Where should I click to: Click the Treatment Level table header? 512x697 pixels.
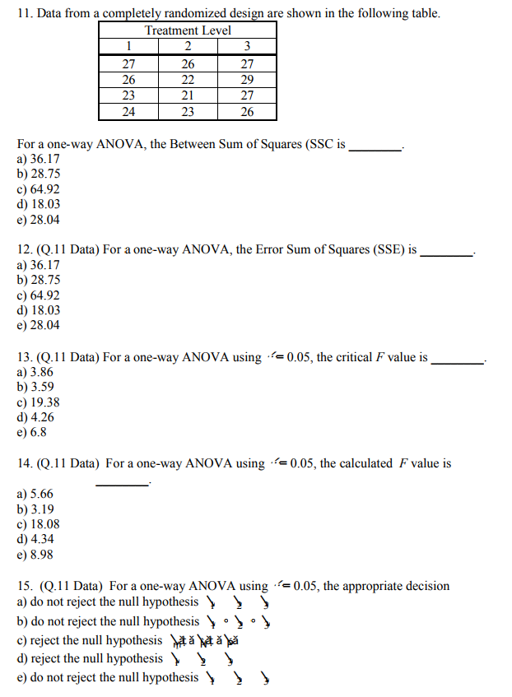188,30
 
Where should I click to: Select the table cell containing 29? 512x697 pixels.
247,80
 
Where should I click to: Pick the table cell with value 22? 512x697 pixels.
188,80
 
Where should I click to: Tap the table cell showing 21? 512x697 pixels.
188,95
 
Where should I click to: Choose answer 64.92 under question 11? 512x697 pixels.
38,189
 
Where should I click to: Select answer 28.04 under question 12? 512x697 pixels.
38,325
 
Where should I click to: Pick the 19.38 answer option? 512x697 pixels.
38,402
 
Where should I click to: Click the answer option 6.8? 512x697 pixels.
31,432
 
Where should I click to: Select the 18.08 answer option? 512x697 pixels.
38,524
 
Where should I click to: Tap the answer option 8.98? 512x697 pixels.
35,555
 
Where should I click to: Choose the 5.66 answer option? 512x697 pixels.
35,494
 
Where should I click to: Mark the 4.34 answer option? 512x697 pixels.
35,539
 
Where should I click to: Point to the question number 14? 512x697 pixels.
24,463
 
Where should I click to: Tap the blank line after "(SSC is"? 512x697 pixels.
375,145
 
